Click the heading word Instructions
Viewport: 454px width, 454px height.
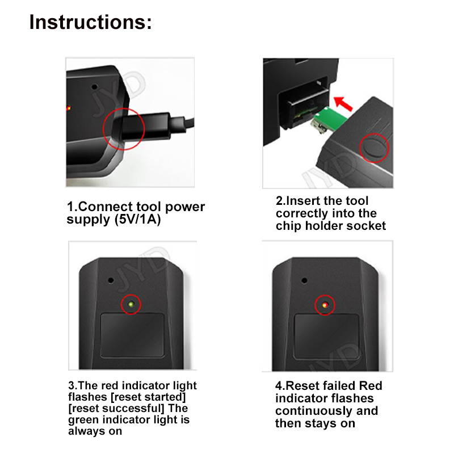coord(90,22)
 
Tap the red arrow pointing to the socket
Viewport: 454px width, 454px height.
coord(343,104)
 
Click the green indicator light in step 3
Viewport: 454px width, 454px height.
coord(131,304)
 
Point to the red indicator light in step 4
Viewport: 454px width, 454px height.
coord(325,305)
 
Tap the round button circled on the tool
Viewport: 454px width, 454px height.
coord(374,148)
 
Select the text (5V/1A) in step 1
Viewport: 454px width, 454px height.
coord(137,220)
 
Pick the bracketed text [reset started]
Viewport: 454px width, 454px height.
coord(148,397)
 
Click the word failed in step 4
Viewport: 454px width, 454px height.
coord(339,386)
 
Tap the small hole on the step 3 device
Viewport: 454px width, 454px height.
coord(111,280)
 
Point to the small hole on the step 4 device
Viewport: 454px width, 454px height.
coord(304,280)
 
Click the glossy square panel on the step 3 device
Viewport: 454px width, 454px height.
coord(132,335)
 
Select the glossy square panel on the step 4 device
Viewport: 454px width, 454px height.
coord(327,337)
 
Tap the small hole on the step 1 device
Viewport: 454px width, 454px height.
coord(94,87)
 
